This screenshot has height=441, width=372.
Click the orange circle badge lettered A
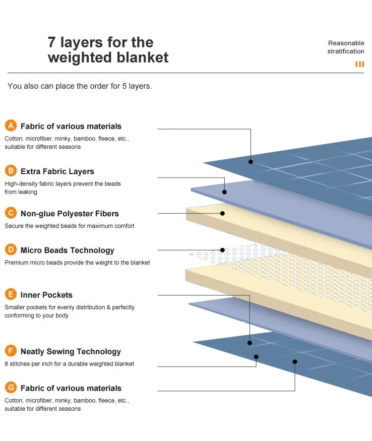(x=10, y=126)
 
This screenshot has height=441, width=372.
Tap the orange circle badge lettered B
(x=10, y=171)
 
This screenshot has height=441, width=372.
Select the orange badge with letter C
(x=10, y=213)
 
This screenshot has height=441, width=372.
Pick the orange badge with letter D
(x=10, y=250)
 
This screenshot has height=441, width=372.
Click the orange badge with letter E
(x=10, y=295)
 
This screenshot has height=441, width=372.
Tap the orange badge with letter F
(x=10, y=351)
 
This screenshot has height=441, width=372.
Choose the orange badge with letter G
(x=10, y=388)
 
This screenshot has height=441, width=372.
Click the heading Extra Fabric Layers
(x=57, y=172)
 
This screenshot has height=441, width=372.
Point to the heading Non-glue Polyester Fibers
(x=69, y=214)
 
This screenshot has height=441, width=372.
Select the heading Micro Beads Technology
(x=67, y=251)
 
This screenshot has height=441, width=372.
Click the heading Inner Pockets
(x=46, y=295)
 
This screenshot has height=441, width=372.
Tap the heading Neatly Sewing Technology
(x=70, y=352)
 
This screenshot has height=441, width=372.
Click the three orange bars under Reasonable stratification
(x=360, y=64)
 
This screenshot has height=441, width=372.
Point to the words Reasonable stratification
(x=346, y=47)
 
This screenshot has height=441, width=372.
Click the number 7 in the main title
(x=52, y=42)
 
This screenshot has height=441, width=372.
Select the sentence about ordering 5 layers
(x=79, y=86)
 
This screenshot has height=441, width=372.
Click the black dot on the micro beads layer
(x=222, y=250)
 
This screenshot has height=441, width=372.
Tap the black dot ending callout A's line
(x=250, y=162)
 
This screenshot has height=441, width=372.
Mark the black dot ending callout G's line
(x=295, y=362)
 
